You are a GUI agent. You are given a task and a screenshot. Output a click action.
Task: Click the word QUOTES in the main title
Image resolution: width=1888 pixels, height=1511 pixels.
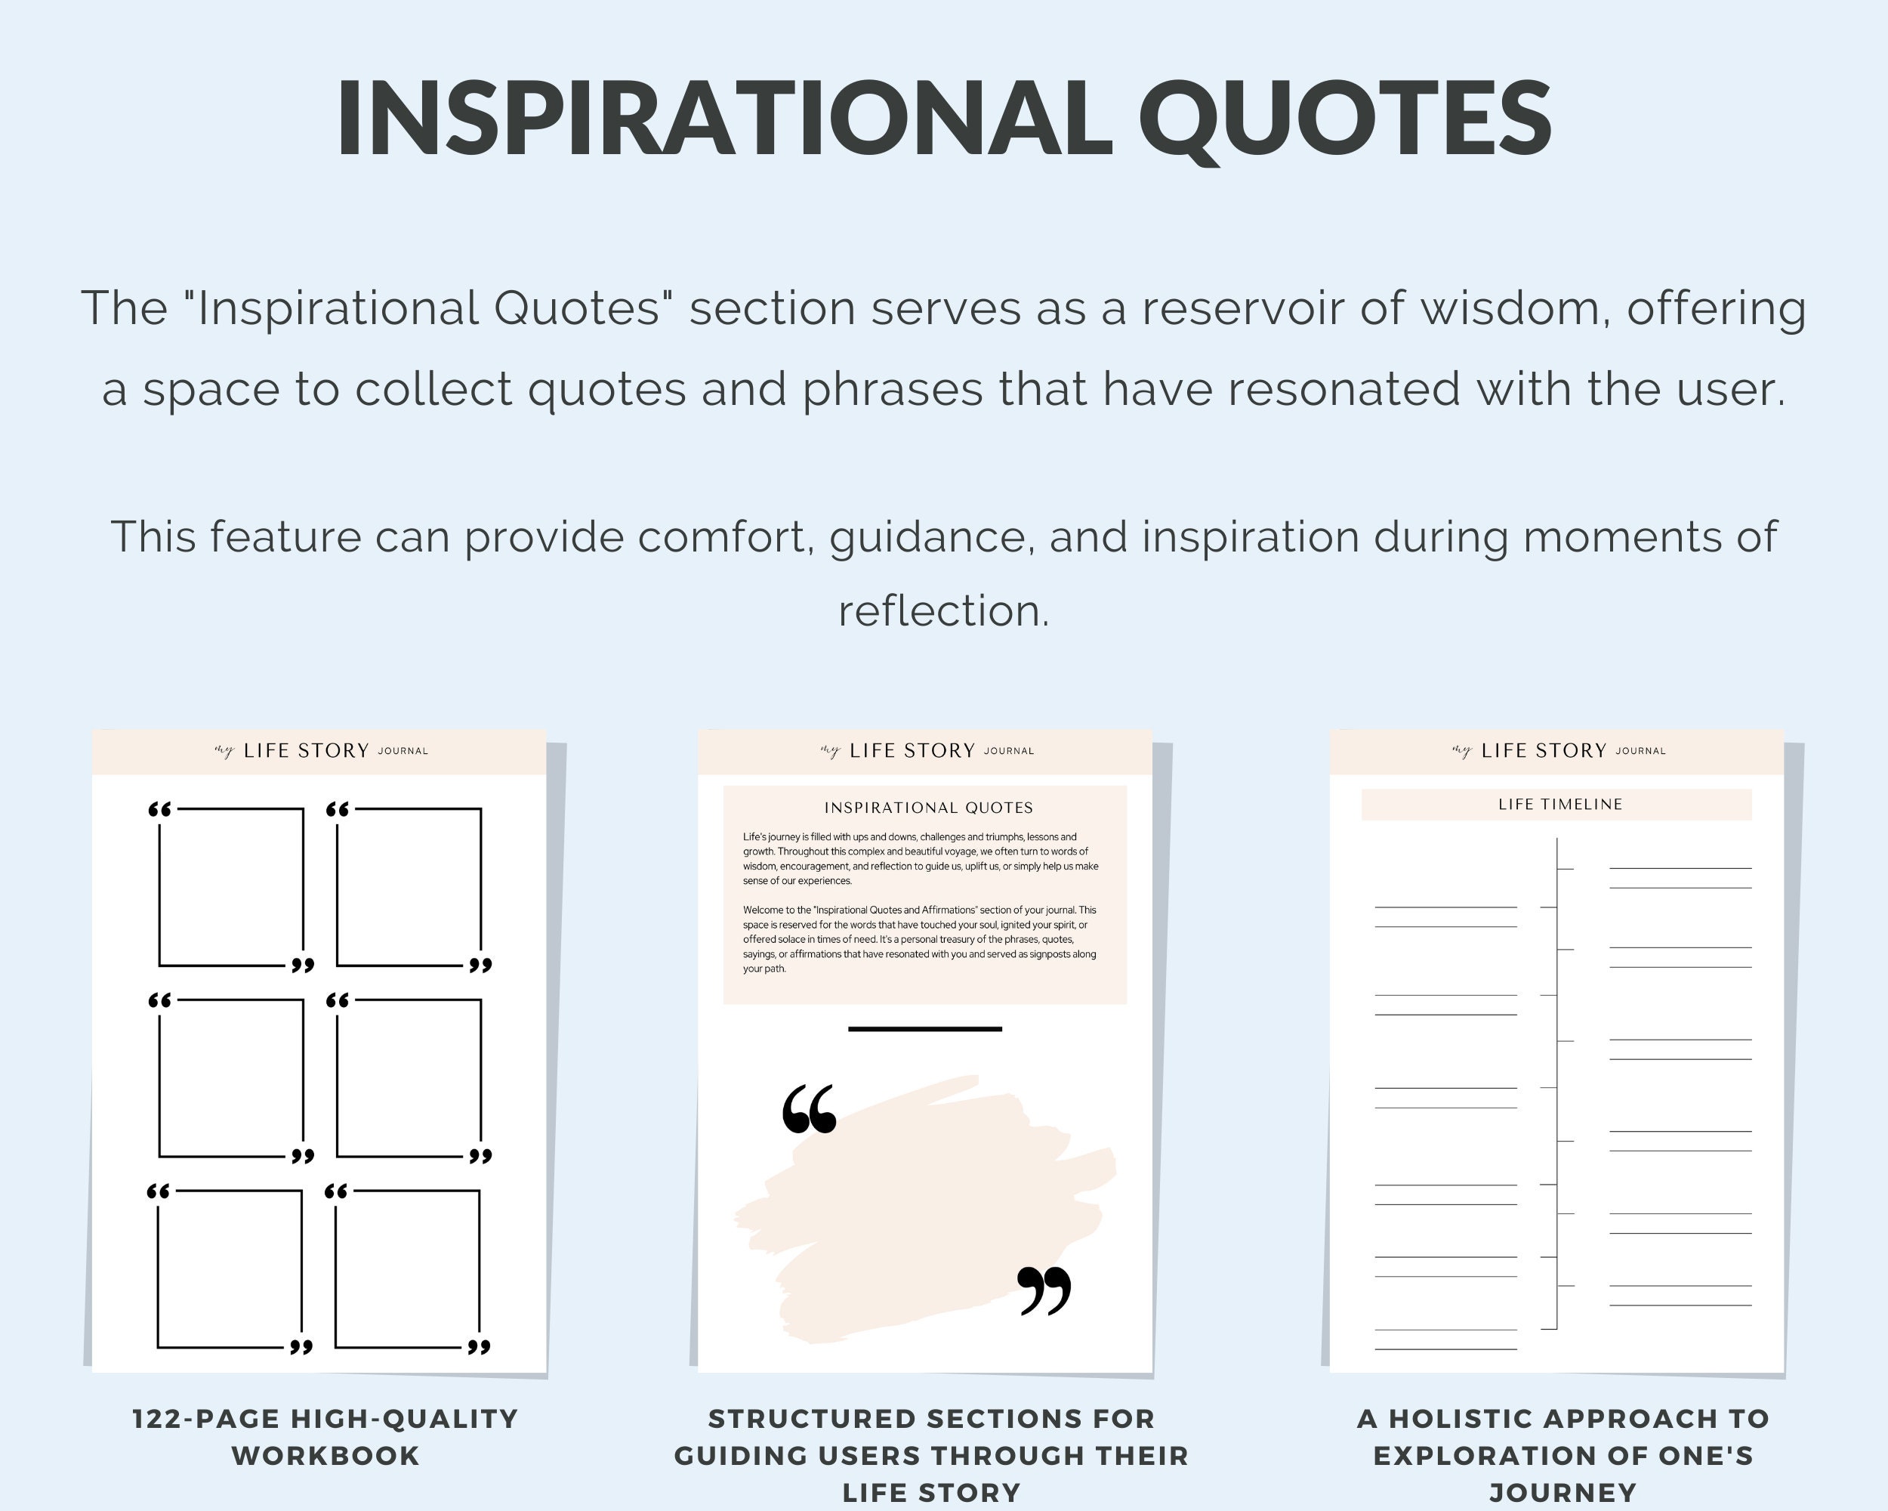tap(1345, 119)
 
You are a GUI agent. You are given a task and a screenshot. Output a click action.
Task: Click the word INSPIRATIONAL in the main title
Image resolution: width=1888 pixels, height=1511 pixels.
tap(723, 119)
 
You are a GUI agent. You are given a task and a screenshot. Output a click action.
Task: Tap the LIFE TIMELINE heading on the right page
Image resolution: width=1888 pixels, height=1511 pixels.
tap(1559, 804)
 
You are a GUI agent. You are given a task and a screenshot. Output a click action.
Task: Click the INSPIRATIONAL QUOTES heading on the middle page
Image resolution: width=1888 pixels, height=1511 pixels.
tap(928, 808)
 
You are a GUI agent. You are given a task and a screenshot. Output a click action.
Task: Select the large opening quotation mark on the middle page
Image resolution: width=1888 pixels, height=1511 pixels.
tap(809, 1109)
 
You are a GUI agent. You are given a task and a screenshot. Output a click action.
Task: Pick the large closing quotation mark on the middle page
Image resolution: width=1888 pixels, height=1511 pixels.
tap(1044, 1290)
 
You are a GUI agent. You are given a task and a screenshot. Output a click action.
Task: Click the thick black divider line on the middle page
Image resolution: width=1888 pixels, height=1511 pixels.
tap(924, 1028)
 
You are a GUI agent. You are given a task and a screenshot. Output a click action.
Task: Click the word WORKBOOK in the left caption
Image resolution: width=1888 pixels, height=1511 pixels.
tap(325, 1456)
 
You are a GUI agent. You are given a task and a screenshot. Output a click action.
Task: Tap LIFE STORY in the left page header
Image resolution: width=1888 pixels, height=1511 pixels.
tap(307, 751)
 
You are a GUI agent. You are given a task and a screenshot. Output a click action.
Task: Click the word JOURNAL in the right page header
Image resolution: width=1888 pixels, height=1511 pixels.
tap(1640, 751)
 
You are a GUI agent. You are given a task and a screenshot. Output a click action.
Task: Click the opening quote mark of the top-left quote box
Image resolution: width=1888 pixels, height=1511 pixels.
tap(159, 809)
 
